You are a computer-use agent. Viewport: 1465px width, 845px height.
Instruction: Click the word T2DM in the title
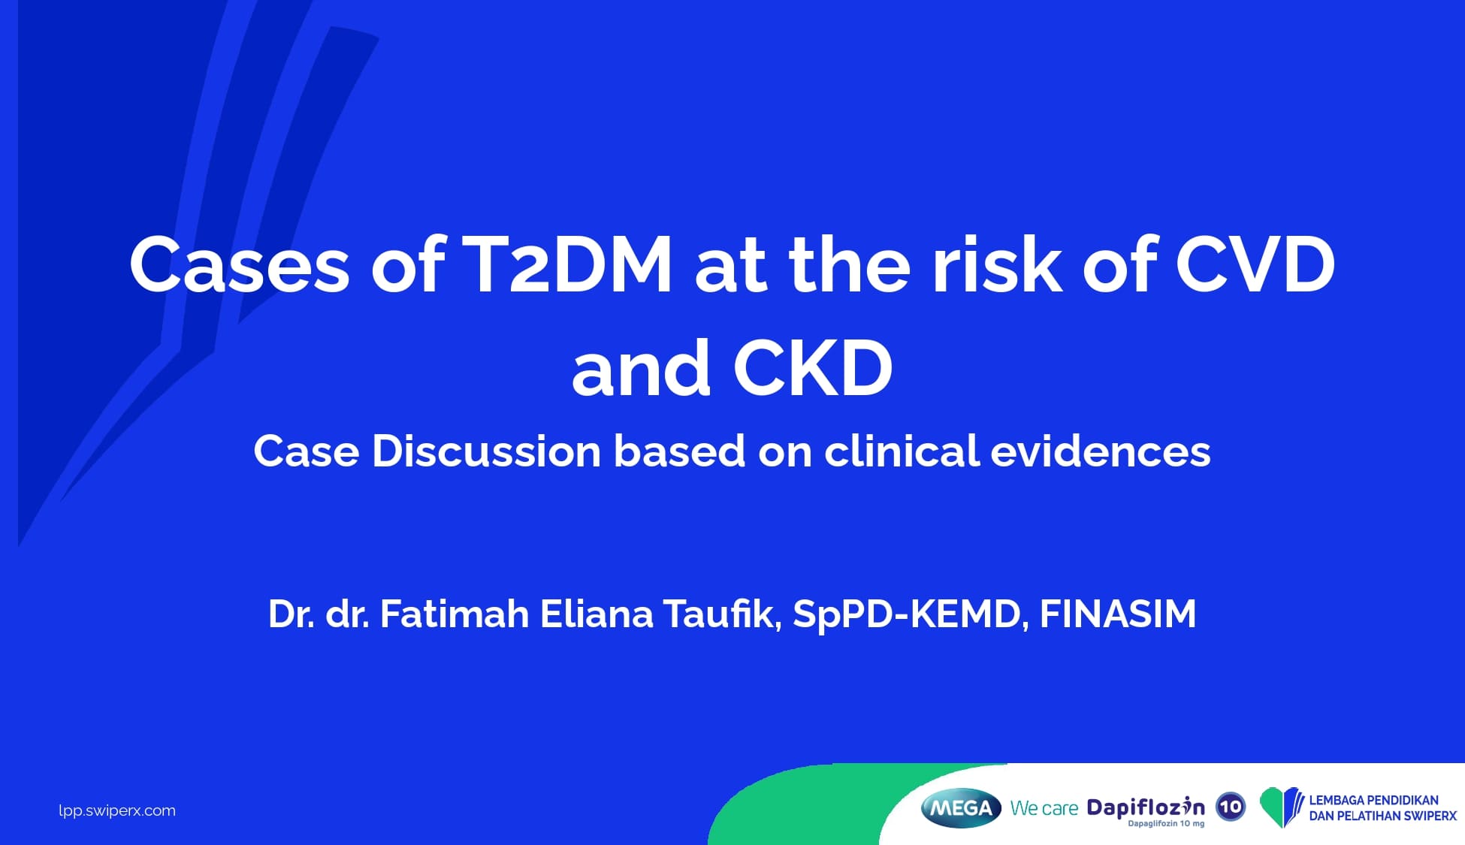567,264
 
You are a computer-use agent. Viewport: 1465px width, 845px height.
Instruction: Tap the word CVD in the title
1255,264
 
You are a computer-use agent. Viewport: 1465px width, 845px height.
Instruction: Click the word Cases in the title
240,264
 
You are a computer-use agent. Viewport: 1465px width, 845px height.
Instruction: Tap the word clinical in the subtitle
902,451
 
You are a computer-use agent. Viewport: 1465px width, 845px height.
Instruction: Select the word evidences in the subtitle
1101,451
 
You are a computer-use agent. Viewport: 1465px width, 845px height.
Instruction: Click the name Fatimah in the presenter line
455,614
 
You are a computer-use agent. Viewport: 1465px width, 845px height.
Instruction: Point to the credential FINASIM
1118,614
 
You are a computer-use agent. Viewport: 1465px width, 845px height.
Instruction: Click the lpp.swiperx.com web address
117,810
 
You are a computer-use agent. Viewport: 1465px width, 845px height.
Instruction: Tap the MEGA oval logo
961,808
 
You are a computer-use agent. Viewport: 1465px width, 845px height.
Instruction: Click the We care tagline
1044,809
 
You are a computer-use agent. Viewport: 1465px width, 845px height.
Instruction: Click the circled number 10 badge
1231,807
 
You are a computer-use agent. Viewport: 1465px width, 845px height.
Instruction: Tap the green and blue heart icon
1282,807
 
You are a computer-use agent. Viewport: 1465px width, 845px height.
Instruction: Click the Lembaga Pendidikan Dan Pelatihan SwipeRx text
1382,808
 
